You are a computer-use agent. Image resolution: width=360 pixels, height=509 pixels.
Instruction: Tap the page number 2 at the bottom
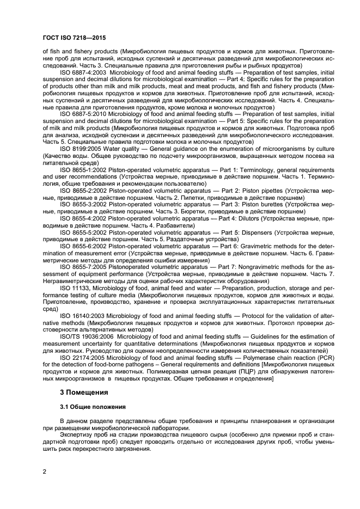point(45,472)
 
